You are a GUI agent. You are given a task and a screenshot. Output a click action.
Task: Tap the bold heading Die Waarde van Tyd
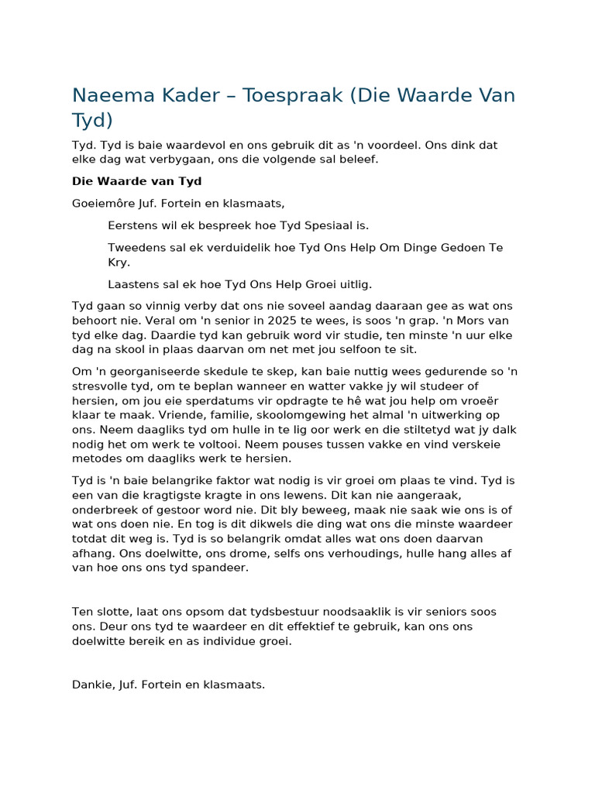pyautogui.click(x=136, y=181)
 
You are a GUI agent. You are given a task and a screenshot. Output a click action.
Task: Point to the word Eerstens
pyautogui.click(x=133, y=225)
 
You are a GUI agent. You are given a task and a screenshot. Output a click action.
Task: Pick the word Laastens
pyautogui.click(x=135, y=284)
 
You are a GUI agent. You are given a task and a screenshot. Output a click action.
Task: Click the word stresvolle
pyautogui.click(x=101, y=386)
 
